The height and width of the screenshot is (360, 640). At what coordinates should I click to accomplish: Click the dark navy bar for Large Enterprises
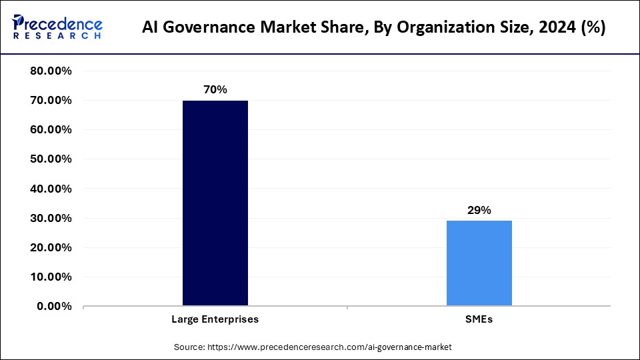[215, 203]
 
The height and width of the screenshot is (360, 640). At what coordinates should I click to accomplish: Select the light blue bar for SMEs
[479, 263]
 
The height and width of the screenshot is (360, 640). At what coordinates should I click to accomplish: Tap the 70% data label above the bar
[215, 89]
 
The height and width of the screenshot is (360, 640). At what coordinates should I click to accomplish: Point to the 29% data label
[479, 210]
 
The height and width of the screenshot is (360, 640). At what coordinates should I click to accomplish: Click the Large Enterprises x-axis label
[215, 319]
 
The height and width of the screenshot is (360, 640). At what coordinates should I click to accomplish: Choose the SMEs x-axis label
[479, 319]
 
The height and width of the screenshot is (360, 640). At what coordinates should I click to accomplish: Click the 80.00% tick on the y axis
[51, 71]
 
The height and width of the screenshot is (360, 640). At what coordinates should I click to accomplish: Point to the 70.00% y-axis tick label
[51, 101]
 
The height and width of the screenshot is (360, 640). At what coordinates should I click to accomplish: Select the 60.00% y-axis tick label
[51, 130]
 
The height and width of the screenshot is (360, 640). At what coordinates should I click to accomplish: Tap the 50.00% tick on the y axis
[51, 159]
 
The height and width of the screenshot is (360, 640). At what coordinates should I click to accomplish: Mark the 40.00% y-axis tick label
[51, 189]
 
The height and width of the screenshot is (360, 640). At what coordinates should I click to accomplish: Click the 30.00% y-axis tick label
[51, 218]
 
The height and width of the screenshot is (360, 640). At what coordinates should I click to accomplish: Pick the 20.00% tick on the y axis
[51, 247]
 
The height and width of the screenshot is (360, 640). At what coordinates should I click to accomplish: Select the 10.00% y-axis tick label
[51, 277]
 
